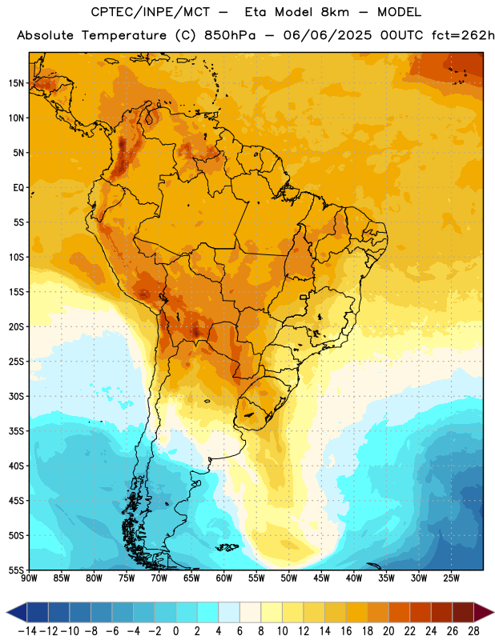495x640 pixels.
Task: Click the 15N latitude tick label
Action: click(x=16, y=83)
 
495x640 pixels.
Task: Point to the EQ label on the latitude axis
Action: click(x=18, y=188)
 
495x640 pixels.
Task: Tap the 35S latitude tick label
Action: click(x=16, y=431)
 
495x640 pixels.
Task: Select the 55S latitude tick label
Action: click(x=16, y=570)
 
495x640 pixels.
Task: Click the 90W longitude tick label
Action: click(x=29, y=578)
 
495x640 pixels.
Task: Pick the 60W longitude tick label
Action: click(x=224, y=578)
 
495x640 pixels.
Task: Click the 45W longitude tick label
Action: click(x=321, y=578)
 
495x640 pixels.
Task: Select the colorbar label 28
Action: click(x=473, y=631)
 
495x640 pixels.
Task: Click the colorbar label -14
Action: click(x=27, y=631)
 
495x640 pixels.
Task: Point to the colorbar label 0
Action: click(x=175, y=631)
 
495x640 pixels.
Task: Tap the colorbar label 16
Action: click(x=346, y=631)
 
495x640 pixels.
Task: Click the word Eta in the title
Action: click(x=256, y=12)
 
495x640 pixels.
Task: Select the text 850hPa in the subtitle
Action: click(x=230, y=35)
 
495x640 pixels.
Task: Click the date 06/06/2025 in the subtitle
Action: click(x=328, y=35)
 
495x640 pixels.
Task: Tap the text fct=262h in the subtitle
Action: click(x=463, y=35)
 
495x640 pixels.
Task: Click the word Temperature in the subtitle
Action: click(x=124, y=35)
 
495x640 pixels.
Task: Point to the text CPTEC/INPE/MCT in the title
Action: click(x=151, y=12)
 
